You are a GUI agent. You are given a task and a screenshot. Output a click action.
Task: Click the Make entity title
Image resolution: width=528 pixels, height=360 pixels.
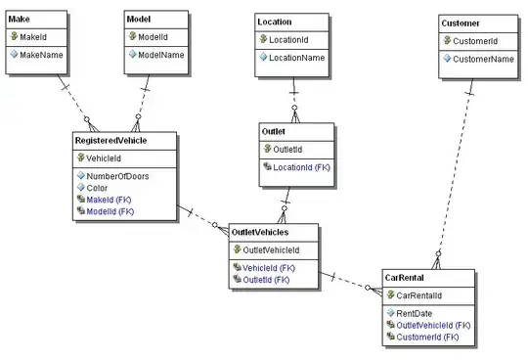[19, 20]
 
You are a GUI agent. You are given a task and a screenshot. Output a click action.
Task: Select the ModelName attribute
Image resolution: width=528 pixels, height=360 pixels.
[161, 55]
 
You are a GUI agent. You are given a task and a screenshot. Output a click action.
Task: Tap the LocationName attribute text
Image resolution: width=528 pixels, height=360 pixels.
[296, 58]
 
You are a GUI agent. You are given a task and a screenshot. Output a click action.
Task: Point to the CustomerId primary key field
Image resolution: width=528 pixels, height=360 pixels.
[475, 41]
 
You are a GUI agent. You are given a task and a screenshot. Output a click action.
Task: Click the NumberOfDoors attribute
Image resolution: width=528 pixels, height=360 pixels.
[117, 176]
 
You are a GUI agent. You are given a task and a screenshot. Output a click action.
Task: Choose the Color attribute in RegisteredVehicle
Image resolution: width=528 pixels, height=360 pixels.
[97, 188]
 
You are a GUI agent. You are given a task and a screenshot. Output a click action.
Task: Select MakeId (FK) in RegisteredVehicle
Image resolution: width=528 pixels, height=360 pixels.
[109, 200]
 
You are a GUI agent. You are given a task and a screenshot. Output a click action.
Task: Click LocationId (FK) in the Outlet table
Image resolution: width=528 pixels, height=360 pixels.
[301, 167]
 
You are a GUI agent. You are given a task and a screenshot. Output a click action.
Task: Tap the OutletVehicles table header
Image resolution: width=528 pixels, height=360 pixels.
[260, 232]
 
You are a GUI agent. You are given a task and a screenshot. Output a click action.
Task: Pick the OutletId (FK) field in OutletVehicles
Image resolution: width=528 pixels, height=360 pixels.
[266, 280]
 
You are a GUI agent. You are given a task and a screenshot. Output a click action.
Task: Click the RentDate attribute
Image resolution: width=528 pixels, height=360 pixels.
[414, 313]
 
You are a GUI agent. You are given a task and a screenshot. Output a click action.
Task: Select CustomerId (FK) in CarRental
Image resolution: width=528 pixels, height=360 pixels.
[427, 337]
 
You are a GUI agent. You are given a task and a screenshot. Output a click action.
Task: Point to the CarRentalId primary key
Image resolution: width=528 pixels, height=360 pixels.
[418, 295]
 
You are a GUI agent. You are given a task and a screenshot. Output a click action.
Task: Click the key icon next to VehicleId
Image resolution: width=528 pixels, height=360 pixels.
[81, 157]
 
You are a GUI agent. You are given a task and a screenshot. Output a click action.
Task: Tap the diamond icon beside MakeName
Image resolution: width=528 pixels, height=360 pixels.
[14, 54]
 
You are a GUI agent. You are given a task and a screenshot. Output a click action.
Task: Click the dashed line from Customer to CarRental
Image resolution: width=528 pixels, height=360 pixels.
[455, 174]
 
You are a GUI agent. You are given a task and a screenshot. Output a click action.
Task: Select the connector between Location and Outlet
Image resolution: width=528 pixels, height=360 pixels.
[294, 100]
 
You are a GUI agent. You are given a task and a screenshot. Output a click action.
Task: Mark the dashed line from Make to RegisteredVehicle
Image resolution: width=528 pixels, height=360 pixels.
[78, 103]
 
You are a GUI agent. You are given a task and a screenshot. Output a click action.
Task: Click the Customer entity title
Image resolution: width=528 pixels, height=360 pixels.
[461, 23]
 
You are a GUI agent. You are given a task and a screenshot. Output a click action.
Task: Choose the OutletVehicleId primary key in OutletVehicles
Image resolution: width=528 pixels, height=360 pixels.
[271, 250]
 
